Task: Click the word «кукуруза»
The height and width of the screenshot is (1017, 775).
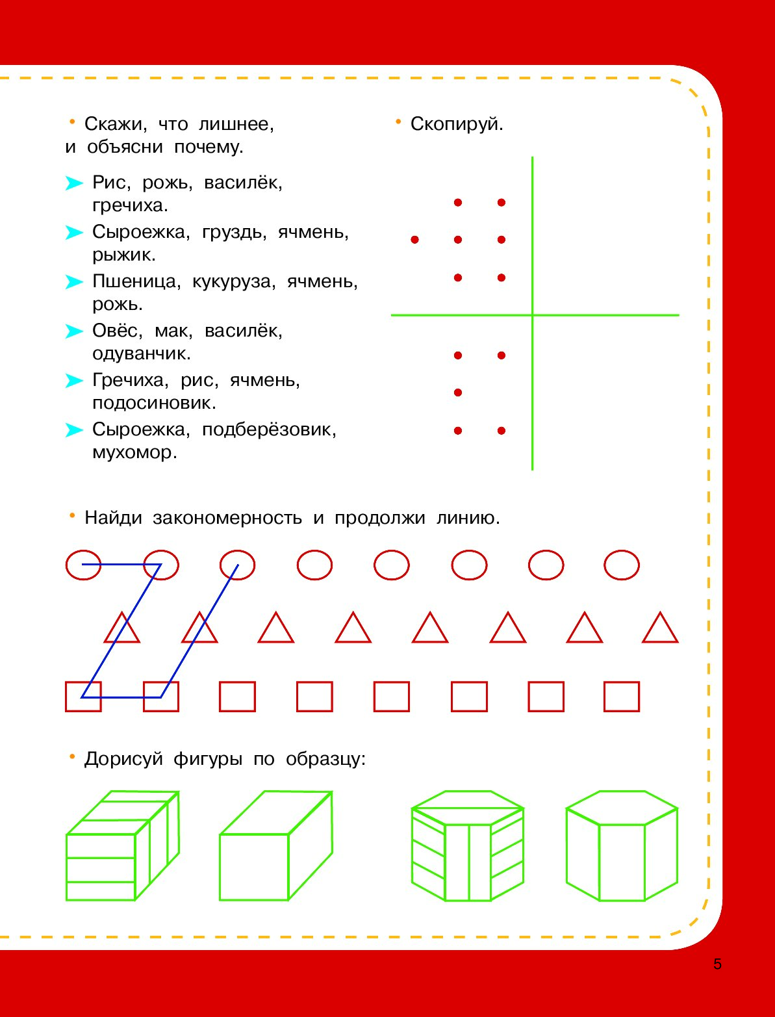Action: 233,282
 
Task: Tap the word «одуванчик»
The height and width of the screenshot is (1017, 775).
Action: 141,354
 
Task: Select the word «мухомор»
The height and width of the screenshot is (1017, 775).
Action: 134,452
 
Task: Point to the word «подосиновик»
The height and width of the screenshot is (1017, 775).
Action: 154,403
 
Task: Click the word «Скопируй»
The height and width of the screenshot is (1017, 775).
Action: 456,124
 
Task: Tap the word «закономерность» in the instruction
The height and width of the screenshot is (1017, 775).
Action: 227,517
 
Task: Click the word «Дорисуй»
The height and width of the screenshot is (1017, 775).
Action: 123,759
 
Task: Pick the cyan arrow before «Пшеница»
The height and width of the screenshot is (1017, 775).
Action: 74,281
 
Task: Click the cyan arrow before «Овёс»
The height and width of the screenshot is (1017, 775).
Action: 74,331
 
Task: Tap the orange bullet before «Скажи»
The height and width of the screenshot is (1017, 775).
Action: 71,122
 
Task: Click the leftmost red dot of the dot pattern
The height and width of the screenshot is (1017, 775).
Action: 415,240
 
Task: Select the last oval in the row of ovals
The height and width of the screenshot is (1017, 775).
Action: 621,550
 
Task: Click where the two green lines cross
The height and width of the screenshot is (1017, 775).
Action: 533,315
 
